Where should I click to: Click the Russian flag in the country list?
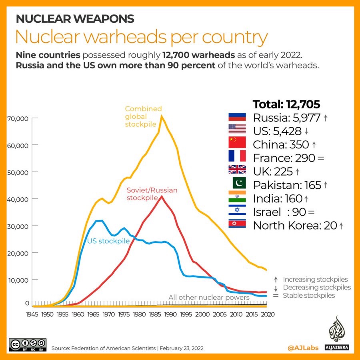[x=237, y=117]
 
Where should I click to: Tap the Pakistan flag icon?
[x=237, y=184]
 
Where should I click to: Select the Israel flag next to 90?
[x=237, y=210]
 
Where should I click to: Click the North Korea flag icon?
[x=237, y=224]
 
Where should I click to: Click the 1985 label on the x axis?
[x=155, y=315]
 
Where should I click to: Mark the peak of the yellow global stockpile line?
[x=162, y=116]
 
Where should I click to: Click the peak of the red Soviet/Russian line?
[x=162, y=196]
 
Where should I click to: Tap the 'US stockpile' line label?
[x=108, y=241]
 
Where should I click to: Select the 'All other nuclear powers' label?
[x=209, y=297]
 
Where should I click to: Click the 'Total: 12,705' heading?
[x=286, y=104]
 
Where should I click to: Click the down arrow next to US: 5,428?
[x=306, y=131]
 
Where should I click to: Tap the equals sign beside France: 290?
[x=320, y=158]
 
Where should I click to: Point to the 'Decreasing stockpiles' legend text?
[x=317, y=287]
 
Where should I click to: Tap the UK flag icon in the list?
[x=237, y=170]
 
